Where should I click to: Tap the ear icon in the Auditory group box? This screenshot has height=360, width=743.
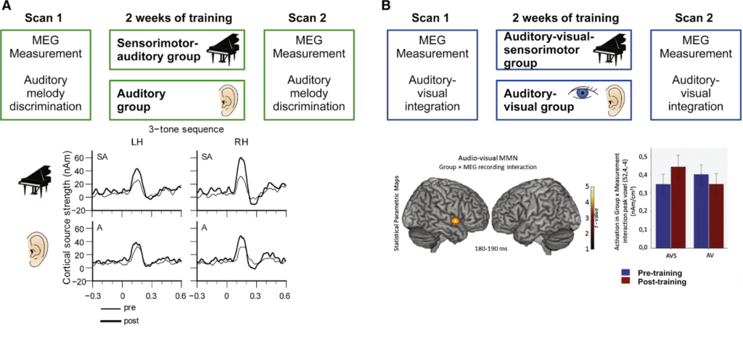click(226, 99)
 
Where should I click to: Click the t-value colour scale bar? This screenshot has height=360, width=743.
click(593, 218)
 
